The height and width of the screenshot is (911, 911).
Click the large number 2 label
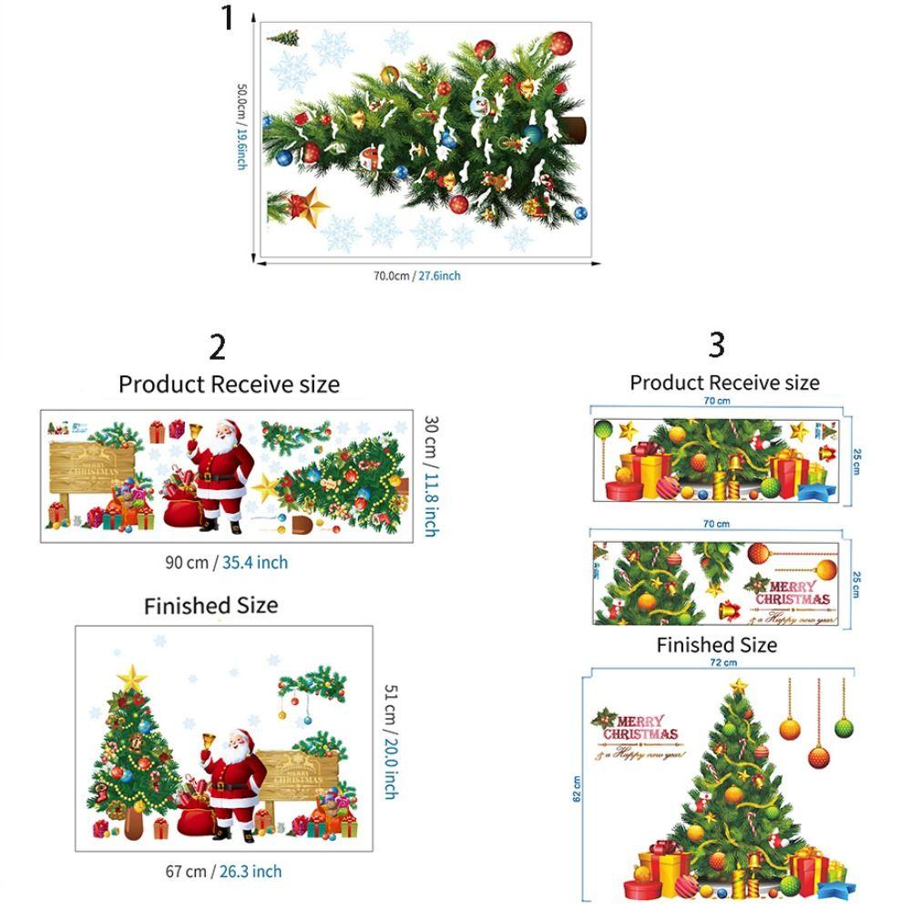click(217, 347)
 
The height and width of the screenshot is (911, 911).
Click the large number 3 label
click(717, 345)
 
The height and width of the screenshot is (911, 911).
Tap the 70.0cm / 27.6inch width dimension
click(416, 275)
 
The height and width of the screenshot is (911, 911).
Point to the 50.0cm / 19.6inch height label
click(241, 127)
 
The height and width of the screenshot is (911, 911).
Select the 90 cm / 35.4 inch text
click(226, 562)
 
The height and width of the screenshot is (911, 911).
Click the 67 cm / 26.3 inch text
click(223, 871)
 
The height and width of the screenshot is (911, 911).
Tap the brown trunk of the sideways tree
click(575, 130)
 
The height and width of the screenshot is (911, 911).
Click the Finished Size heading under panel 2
click(210, 606)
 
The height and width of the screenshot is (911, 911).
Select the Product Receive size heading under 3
click(724, 383)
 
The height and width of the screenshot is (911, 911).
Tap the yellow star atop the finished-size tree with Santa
click(133, 676)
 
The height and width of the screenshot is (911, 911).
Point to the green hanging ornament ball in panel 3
click(844, 727)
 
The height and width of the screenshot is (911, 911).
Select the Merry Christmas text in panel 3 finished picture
click(640, 727)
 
